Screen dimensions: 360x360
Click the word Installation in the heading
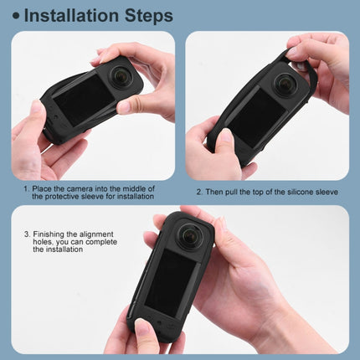pyautogui.click(x=72, y=16)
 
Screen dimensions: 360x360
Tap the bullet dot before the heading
pyautogui.click(x=16, y=16)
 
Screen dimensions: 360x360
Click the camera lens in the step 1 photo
pyautogui.click(x=122, y=75)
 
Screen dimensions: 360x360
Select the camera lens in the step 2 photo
pyautogui.click(x=285, y=83)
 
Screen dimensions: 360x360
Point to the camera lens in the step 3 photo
pyautogui.click(x=191, y=235)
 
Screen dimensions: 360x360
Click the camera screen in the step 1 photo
pyautogui.click(x=84, y=100)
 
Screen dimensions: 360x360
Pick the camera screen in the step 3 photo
pyautogui.click(x=171, y=281)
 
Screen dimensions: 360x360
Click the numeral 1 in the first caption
pyautogui.click(x=25, y=188)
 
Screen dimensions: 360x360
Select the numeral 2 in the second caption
pyautogui.click(x=198, y=192)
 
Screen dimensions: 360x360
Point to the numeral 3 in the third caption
pyautogui.click(x=27, y=234)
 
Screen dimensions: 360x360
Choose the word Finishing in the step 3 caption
pyautogui.click(x=49, y=234)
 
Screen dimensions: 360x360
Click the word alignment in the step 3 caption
pyautogui.click(x=96, y=234)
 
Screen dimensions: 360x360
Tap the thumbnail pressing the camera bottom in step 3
pyautogui.click(x=142, y=327)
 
